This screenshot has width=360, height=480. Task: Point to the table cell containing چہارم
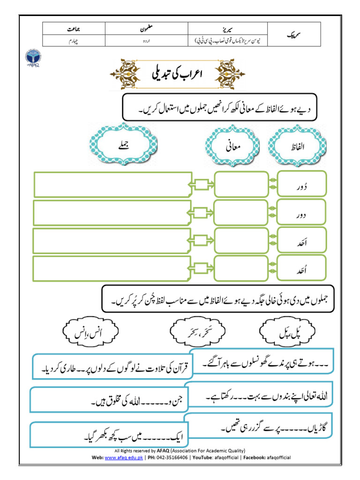(x=71, y=41)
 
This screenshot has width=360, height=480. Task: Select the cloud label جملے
(x=123, y=145)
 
